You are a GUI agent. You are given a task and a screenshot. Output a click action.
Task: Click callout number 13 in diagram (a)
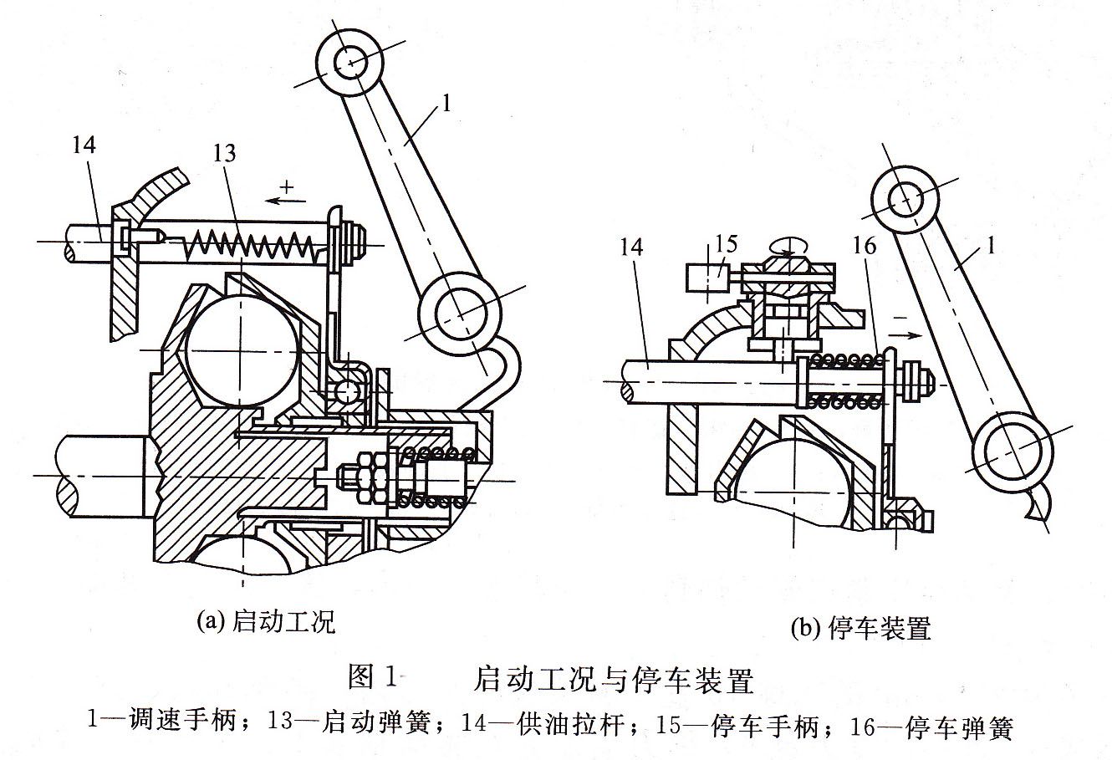click(224, 154)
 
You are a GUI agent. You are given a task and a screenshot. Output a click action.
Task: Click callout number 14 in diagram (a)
click(84, 145)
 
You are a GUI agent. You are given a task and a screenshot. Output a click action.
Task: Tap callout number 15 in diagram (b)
click(727, 244)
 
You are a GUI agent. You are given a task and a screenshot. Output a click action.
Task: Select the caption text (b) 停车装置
click(861, 628)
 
